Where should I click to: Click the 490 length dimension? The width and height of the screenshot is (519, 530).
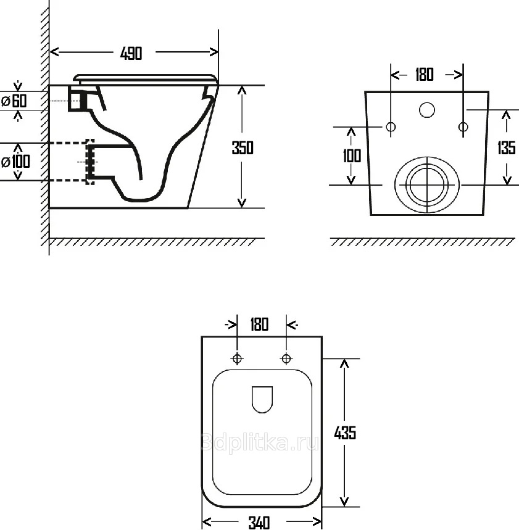click(131, 54)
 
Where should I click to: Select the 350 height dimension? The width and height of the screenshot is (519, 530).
click(243, 147)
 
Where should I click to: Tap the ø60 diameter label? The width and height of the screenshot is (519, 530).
click(14, 101)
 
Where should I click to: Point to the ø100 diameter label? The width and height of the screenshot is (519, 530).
click(15, 162)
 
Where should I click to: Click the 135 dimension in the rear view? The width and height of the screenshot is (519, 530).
click(507, 147)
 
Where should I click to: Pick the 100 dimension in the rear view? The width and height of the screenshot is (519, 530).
click(352, 156)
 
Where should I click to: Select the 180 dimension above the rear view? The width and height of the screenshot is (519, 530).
click(425, 75)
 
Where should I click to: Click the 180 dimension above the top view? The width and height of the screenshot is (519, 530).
click(259, 324)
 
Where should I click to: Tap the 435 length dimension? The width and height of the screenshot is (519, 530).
click(345, 433)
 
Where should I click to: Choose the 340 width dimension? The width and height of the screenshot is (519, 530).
click(259, 523)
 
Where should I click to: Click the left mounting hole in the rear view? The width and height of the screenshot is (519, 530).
click(391, 127)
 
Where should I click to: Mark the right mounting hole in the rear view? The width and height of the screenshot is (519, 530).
click(463, 127)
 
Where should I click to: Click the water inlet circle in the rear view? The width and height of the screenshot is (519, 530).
click(427, 110)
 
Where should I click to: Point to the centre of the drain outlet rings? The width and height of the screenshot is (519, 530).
click(428, 185)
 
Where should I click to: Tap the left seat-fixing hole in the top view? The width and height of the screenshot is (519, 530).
click(238, 358)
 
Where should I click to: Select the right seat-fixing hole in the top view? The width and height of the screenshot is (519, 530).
click(286, 358)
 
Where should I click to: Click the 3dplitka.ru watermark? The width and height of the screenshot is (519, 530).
click(260, 442)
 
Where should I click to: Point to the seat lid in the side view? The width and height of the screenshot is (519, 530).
click(146, 78)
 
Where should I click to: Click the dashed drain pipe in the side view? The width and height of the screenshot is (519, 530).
click(72, 162)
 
